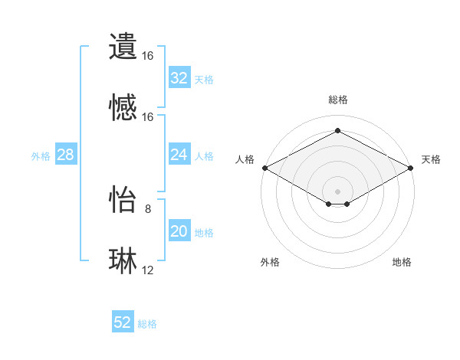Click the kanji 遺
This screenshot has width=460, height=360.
[123, 47]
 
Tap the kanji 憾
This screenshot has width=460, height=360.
[123, 108]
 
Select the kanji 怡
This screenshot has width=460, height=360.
[123, 199]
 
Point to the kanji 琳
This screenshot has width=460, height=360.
[123, 261]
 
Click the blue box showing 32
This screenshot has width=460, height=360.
[179, 78]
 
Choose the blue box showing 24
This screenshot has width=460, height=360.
[179, 155]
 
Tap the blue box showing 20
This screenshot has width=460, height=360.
[179, 231]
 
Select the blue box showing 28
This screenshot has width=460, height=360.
[65, 155]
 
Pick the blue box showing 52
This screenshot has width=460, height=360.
[123, 322]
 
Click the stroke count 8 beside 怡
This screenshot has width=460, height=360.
[148, 208]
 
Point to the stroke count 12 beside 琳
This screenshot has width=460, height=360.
[148, 270]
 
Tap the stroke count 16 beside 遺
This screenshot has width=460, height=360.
[148, 56]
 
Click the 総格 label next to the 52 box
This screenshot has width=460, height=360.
[147, 324]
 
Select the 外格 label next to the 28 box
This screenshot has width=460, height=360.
[41, 155]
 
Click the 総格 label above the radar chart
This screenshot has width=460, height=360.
[337, 100]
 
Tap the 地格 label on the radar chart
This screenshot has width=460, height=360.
[402, 263]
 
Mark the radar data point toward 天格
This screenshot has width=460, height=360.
[412, 168]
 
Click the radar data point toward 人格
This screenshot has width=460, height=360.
[264, 168]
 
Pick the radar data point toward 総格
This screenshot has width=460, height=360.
[337, 131]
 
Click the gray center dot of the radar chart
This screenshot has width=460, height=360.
[337, 190]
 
